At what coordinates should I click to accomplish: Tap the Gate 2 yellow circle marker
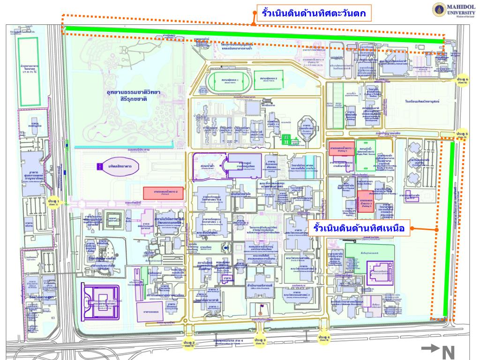[189, 344]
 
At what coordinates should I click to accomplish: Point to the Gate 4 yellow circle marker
[324, 337]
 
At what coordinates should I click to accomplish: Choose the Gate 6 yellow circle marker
[462, 81]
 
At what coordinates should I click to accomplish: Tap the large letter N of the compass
[449, 352]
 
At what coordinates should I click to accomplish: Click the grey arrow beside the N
[430, 348]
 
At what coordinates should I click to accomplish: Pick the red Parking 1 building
[341, 147]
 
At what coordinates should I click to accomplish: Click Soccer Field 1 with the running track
[227, 82]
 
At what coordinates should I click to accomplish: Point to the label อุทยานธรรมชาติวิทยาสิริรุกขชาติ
[133, 96]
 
